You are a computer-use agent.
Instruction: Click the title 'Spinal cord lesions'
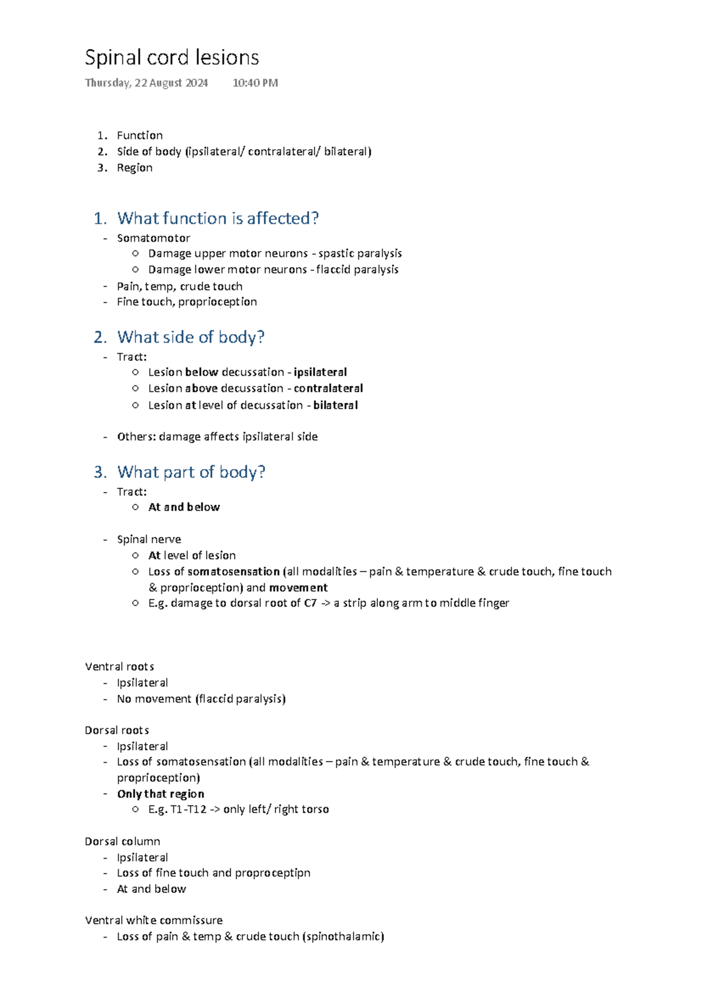[x=171, y=58]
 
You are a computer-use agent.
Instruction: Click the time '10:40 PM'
[x=255, y=83]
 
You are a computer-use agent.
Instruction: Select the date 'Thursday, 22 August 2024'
[x=146, y=83]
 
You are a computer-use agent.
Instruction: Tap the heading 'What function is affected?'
[x=218, y=218]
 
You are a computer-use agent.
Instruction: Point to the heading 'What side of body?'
[x=191, y=337]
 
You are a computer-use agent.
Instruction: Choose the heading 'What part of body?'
[x=191, y=472]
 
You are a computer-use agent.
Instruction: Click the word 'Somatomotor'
[x=153, y=238]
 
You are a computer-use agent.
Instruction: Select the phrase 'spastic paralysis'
[x=360, y=253]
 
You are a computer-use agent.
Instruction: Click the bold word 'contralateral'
[x=328, y=388]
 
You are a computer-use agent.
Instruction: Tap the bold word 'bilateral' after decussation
[x=335, y=405]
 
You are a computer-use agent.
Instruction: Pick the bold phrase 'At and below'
[x=184, y=507]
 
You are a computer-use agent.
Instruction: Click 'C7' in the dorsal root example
[x=310, y=603]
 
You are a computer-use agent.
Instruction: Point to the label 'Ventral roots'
[x=119, y=667]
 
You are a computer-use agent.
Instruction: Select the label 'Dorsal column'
[x=122, y=842]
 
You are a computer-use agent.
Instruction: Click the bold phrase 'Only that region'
[x=160, y=794]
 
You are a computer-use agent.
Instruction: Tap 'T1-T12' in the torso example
[x=188, y=810]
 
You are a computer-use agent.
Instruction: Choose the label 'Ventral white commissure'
[x=153, y=921]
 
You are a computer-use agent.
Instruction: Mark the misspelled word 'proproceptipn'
[x=273, y=873]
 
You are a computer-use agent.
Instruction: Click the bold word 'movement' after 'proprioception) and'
[x=298, y=588]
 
